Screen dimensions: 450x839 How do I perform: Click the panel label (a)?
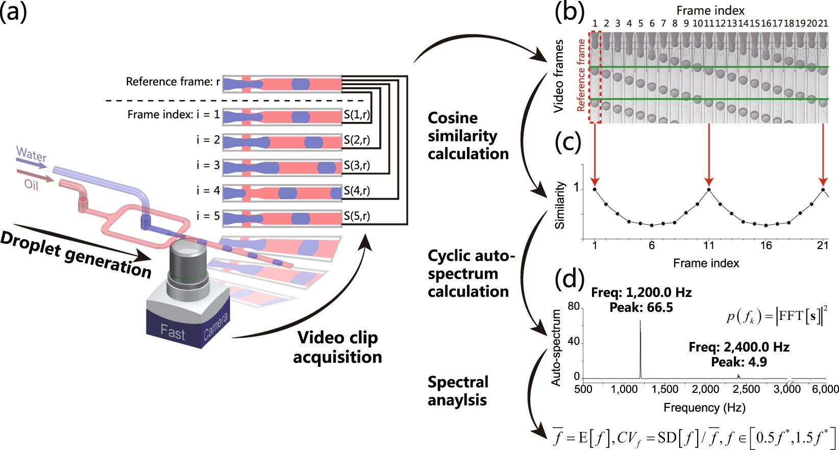pos(14,11)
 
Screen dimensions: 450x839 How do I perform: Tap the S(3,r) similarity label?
pos(357,165)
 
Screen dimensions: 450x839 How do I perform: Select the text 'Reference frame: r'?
pos(173,82)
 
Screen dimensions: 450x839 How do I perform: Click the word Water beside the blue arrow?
pos(31,154)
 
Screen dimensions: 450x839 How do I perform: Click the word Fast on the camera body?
pos(172,333)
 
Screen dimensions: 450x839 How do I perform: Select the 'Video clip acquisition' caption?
pos(337,347)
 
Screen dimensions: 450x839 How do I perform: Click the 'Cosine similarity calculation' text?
pos(468,136)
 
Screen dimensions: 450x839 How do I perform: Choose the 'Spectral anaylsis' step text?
pos(458,391)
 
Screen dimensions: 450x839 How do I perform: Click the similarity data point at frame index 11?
pos(709,189)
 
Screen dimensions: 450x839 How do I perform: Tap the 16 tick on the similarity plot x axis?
pos(766,245)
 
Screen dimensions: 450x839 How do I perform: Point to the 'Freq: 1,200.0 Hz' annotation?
pos(641,293)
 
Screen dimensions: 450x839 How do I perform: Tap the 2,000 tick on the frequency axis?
pos(705,389)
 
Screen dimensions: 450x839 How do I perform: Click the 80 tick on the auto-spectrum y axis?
pos(574,306)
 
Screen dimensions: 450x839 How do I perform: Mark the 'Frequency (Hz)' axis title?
pos(704,408)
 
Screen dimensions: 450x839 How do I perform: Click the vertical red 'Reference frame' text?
pos(581,76)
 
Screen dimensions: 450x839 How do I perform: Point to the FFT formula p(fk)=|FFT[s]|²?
pos(776,316)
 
